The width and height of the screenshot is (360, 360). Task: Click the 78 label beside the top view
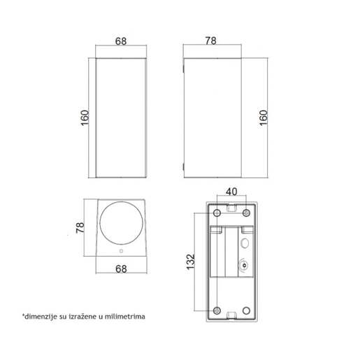coord(80,227)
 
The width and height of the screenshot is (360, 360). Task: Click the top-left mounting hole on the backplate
coord(217,213)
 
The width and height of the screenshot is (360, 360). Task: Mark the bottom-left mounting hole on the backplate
coord(217,310)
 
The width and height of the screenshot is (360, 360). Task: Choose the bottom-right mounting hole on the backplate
coord(246,310)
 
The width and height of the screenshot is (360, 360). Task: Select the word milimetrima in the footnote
coord(124,317)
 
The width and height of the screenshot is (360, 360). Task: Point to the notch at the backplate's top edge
coord(231,207)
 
